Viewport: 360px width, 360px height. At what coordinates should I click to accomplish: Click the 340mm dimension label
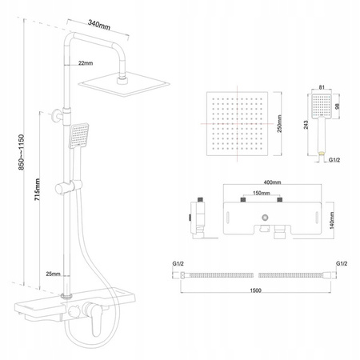[x=99, y=25]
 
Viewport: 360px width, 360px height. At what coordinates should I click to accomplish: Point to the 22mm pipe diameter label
[x=86, y=63]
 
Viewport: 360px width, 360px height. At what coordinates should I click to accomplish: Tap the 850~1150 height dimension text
[x=21, y=152]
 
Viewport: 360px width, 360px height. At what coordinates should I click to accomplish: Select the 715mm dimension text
[x=38, y=190]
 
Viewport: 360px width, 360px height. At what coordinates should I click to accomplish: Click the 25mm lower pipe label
[x=53, y=274]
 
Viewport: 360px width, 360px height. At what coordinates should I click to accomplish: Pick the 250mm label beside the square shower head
[x=279, y=124]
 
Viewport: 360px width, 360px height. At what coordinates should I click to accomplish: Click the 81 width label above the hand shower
[x=322, y=87]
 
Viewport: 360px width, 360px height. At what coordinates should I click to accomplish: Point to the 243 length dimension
[x=306, y=125]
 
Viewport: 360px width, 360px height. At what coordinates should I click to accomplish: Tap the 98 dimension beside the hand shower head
[x=338, y=106]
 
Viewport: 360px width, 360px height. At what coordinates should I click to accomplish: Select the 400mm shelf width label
[x=272, y=182]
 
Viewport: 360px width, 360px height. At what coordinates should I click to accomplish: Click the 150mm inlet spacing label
[x=261, y=193]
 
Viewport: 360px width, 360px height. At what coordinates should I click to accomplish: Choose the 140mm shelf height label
[x=332, y=221]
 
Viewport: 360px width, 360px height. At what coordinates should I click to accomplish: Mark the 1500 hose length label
[x=255, y=290]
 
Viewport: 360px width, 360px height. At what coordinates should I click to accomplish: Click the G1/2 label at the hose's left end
[x=178, y=264]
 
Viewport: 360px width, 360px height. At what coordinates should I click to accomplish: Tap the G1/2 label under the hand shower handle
[x=334, y=160]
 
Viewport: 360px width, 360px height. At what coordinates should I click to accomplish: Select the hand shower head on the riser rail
[x=79, y=135]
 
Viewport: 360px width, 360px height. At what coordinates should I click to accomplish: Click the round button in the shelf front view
[x=265, y=218]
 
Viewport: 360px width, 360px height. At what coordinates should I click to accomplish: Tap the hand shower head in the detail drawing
[x=322, y=106]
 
